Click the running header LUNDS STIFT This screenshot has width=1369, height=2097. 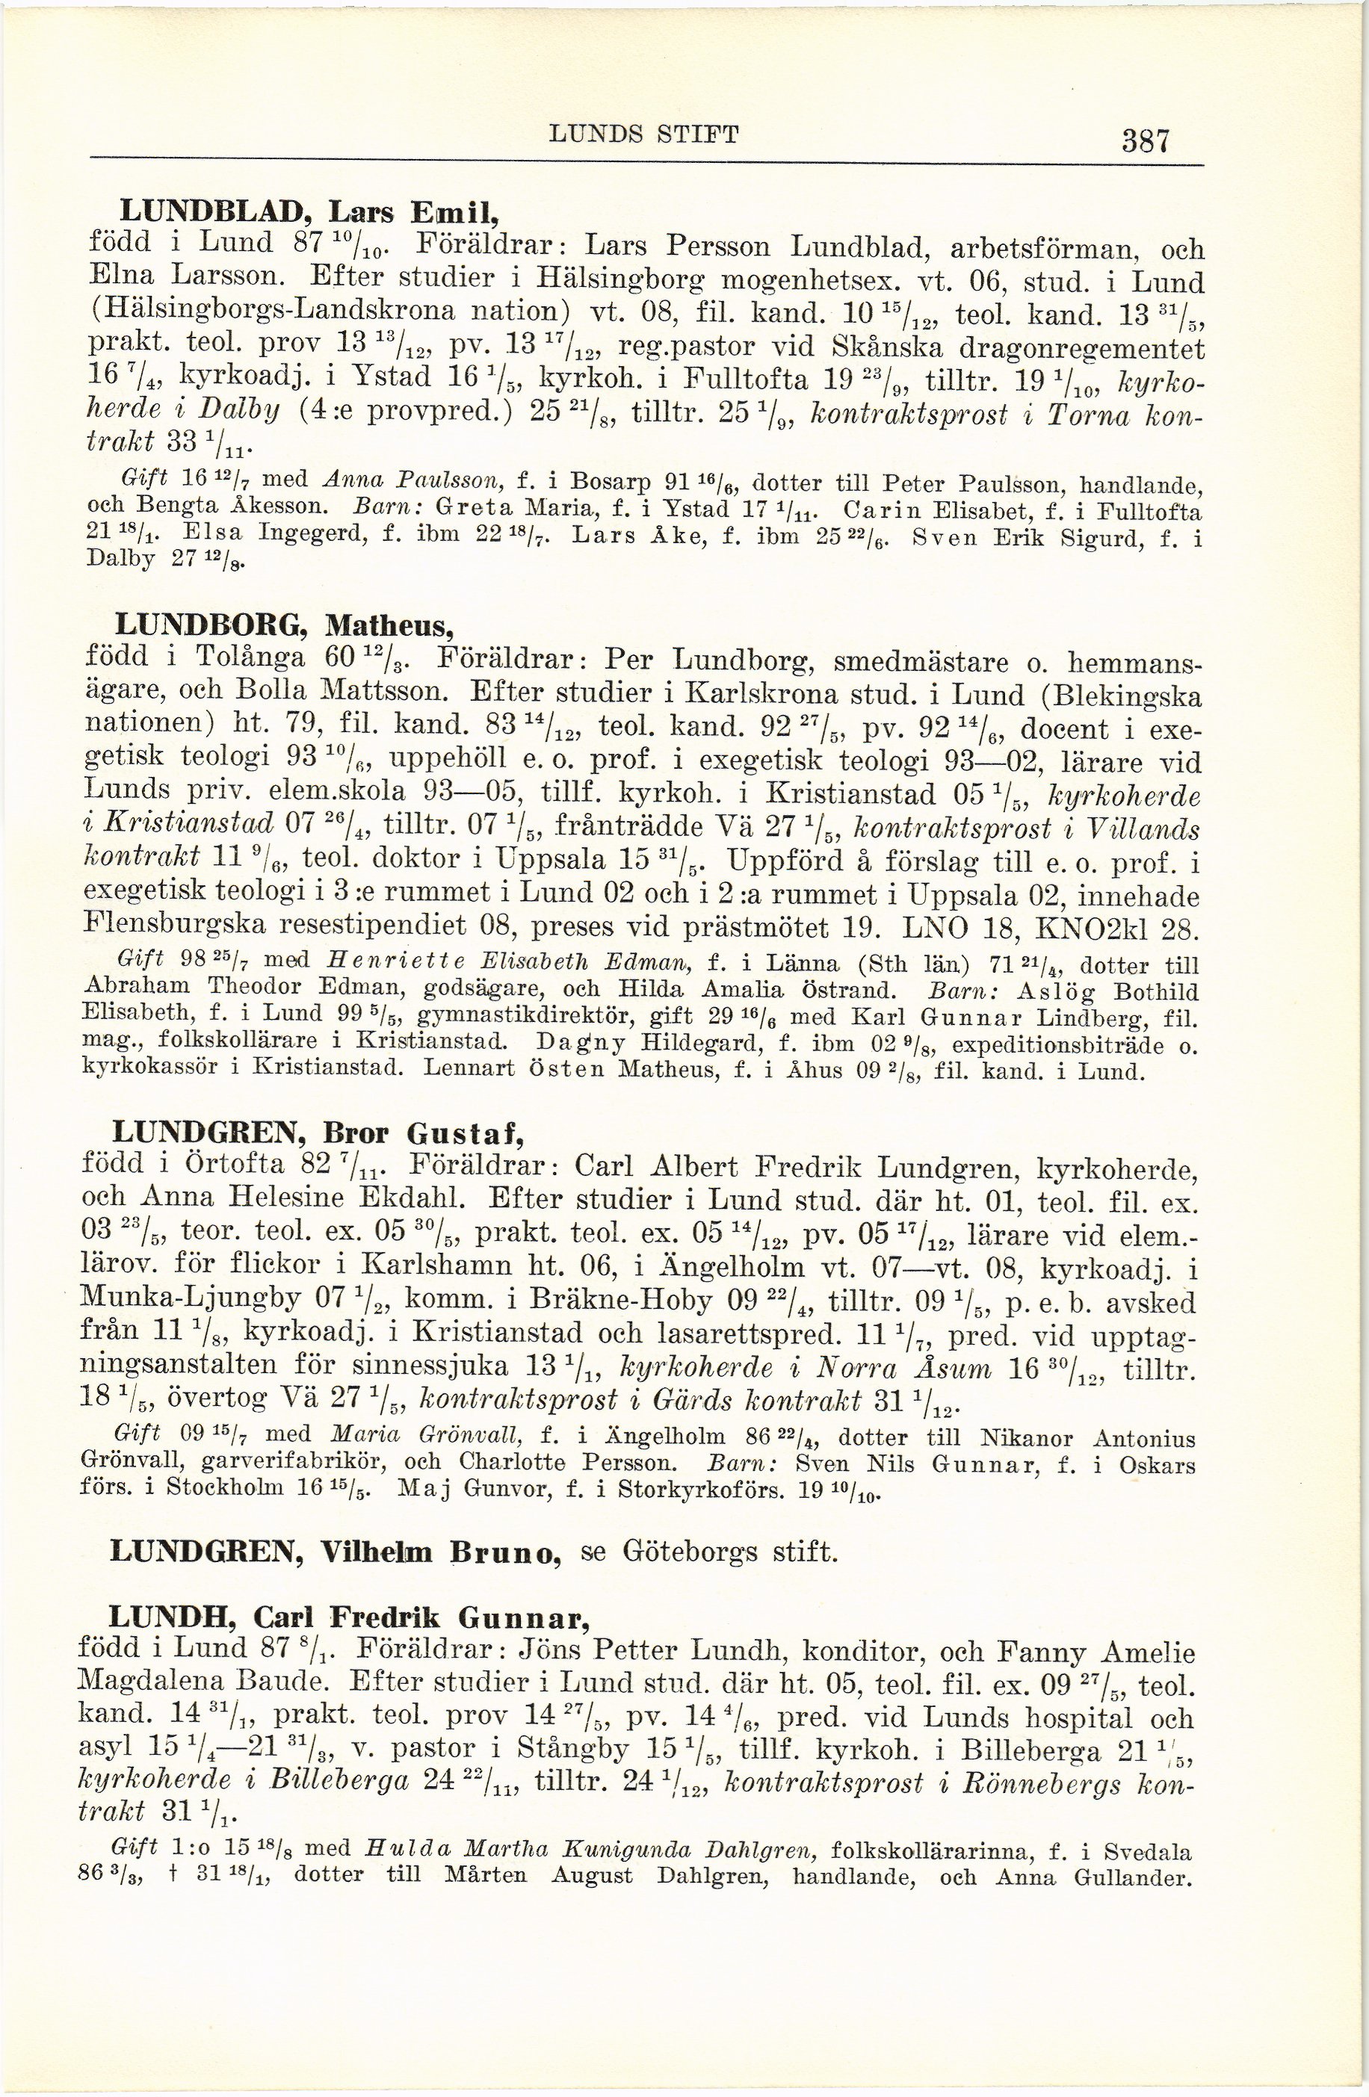coord(643,134)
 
